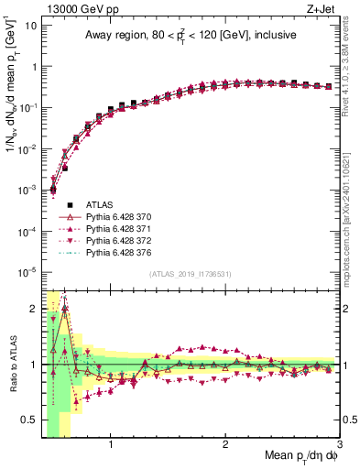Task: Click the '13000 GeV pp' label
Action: pyautogui.click(x=74, y=8)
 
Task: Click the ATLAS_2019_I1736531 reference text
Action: pyautogui.click(x=191, y=274)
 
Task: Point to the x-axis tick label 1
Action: pyautogui.click(x=111, y=447)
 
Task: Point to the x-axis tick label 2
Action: pyautogui.click(x=225, y=447)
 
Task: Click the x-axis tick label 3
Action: pyautogui.click(x=339, y=447)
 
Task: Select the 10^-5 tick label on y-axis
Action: pyautogui.click(x=27, y=272)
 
